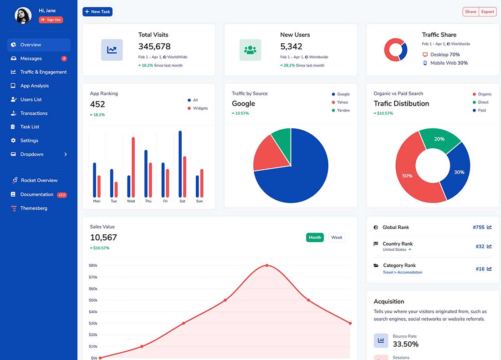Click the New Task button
tap(97, 12)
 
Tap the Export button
tap(487, 12)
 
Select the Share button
tap(470, 12)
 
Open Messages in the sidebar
tap(31, 59)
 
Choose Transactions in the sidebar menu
tap(34, 113)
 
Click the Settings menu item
tap(29, 141)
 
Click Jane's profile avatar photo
tap(23, 15)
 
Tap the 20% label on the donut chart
tap(439, 139)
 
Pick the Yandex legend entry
tap(343, 111)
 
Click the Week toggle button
tap(337, 238)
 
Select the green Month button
tap(315, 238)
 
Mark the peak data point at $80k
tap(267, 265)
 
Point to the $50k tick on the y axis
tap(93, 300)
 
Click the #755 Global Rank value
tap(479, 228)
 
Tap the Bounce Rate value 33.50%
tap(405, 345)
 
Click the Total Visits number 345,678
tap(154, 46)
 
